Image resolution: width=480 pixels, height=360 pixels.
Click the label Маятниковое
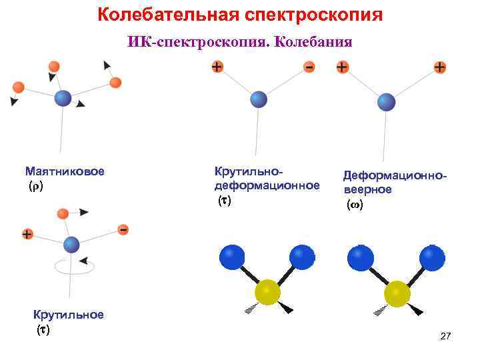tap(65, 171)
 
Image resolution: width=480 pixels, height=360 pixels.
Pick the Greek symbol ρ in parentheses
tap(35, 186)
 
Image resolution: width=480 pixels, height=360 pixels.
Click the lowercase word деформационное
tap(267, 185)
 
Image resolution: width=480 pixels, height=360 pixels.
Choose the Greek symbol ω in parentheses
tap(355, 205)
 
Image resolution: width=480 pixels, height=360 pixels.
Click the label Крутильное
tap(69, 315)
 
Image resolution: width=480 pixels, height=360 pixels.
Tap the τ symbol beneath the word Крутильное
tap(43, 329)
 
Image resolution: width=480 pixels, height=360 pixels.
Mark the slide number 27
tap(446, 337)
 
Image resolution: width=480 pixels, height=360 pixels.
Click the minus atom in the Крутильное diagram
tap(123, 229)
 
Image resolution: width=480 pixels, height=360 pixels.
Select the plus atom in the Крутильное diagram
tap(27, 234)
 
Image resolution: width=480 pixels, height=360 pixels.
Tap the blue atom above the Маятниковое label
tap(63, 99)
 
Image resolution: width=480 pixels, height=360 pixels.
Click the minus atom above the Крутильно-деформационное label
tap(309, 67)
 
